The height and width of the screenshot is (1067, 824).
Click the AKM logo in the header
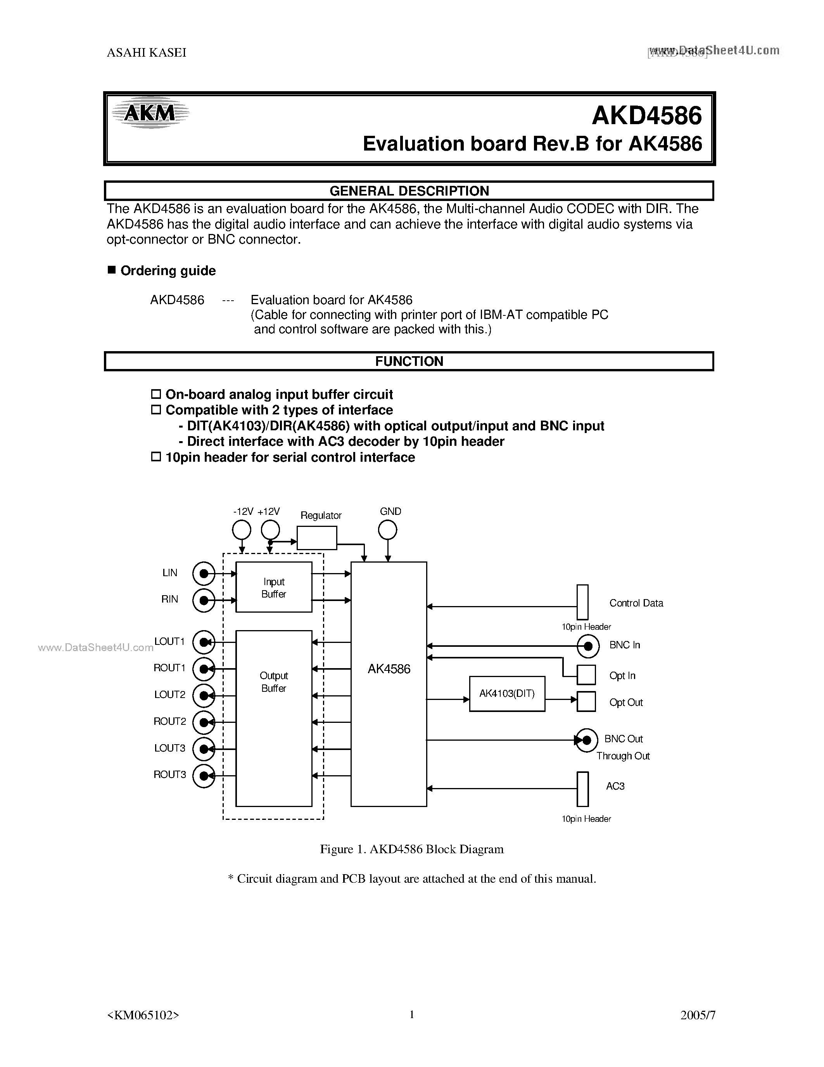[x=150, y=113]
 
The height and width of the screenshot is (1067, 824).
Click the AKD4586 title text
[x=646, y=116]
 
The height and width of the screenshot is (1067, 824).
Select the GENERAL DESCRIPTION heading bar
[x=409, y=191]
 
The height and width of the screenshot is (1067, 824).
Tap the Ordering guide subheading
[x=168, y=271]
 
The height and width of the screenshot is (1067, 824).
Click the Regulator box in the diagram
[x=317, y=538]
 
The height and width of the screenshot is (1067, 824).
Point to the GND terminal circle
[x=388, y=530]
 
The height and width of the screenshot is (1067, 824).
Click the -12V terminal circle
[x=242, y=530]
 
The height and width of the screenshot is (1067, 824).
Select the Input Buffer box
[x=274, y=587]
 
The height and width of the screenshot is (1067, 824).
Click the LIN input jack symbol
[x=204, y=573]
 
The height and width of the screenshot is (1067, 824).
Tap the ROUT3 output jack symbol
[x=204, y=775]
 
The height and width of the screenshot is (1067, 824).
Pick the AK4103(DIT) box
[x=507, y=694]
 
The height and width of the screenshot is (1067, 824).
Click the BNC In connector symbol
[x=588, y=646]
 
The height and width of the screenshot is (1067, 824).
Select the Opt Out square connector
[x=586, y=702]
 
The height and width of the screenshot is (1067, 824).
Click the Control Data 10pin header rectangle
[x=582, y=602]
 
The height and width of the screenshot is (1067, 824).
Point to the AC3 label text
[x=615, y=786]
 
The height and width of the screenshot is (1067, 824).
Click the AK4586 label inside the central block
[x=389, y=669]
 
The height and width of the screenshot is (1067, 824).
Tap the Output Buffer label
[x=274, y=682]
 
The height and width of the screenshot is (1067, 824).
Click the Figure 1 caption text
[x=411, y=849]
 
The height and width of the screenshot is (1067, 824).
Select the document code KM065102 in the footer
[x=143, y=1015]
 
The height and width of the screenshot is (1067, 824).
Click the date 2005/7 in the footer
[x=698, y=1015]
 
